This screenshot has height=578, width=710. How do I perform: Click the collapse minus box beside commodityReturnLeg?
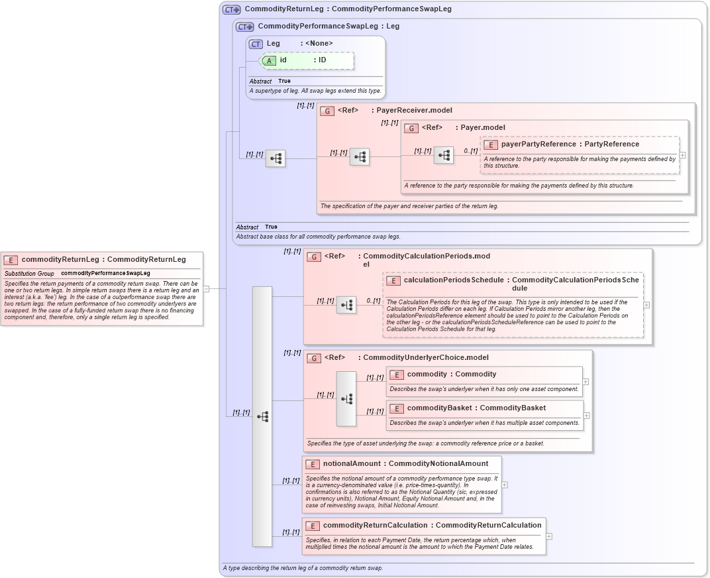206,288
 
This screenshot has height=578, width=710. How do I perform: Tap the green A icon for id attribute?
270,60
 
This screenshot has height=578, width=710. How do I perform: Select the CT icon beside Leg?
256,44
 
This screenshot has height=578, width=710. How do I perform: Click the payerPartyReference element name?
538,144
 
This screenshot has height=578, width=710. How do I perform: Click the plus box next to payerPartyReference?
682,155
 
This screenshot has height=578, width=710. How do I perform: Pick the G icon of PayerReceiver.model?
327,111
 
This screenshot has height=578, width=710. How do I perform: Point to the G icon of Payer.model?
411,128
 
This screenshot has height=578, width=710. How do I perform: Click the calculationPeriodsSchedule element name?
454,280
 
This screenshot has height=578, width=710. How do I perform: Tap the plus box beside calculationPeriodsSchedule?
646,305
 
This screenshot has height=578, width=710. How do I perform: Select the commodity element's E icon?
397,375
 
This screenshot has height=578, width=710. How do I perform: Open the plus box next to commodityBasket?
586,416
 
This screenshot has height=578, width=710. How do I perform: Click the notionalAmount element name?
351,464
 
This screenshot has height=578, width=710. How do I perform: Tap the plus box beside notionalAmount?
505,485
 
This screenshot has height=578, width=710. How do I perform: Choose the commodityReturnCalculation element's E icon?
313,526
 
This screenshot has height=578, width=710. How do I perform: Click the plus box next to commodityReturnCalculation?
549,536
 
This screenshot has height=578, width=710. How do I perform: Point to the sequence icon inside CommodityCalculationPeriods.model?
346,305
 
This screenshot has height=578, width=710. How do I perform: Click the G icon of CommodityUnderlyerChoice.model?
314,358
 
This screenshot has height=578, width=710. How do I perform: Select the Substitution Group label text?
29,273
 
